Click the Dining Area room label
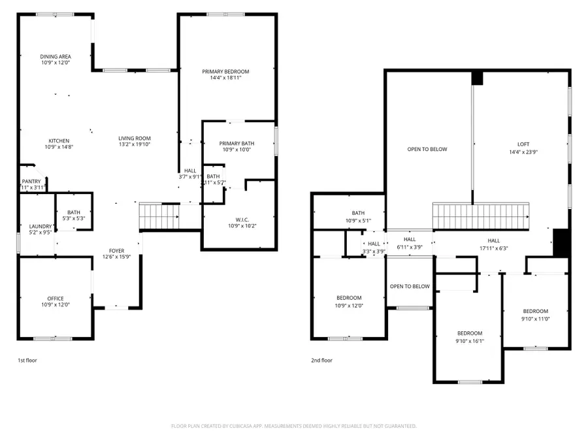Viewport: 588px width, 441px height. [56, 57]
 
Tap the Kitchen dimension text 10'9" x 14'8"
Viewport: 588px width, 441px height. [59, 147]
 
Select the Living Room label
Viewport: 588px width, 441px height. [135, 138]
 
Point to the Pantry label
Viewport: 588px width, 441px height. [31, 182]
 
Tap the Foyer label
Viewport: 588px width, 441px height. [116, 251]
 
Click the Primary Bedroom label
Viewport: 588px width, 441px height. [225, 71]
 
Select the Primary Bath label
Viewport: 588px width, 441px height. [237, 143]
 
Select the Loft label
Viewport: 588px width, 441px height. [523, 143]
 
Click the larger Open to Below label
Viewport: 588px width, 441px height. [427, 150]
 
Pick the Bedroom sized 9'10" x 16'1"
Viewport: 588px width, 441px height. [469, 333]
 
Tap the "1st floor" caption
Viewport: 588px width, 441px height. [27, 360]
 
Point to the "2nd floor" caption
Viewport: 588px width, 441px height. [321, 360]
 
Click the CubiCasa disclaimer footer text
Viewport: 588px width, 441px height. [293, 426]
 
